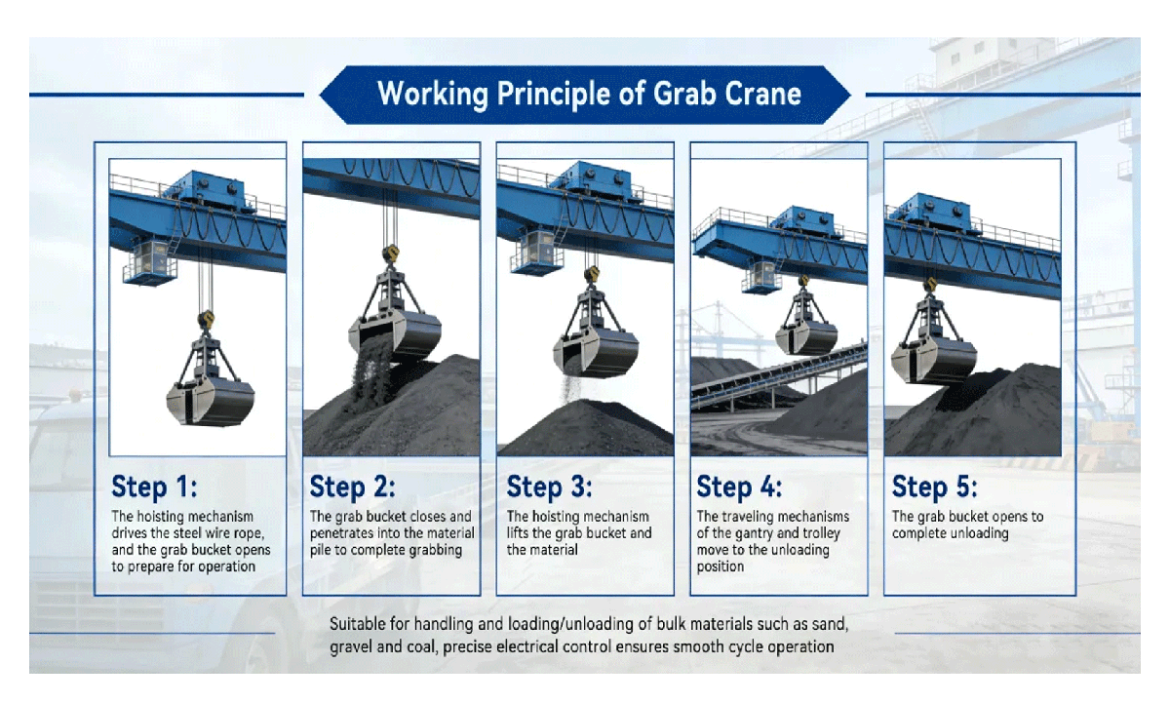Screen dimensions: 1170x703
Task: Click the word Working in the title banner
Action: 433,95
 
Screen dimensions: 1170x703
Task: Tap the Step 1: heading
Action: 155,487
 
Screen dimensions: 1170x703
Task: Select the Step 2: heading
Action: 353,487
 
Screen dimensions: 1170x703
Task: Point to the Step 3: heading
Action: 550,487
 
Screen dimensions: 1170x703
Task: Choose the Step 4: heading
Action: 740,487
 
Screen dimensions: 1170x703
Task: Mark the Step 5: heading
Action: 934,487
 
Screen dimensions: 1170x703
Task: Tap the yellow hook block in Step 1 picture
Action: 206,319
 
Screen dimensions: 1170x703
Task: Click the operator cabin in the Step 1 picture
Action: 150,261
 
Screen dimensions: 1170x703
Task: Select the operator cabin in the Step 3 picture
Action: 537,252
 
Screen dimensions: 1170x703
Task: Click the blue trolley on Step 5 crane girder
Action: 930,214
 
